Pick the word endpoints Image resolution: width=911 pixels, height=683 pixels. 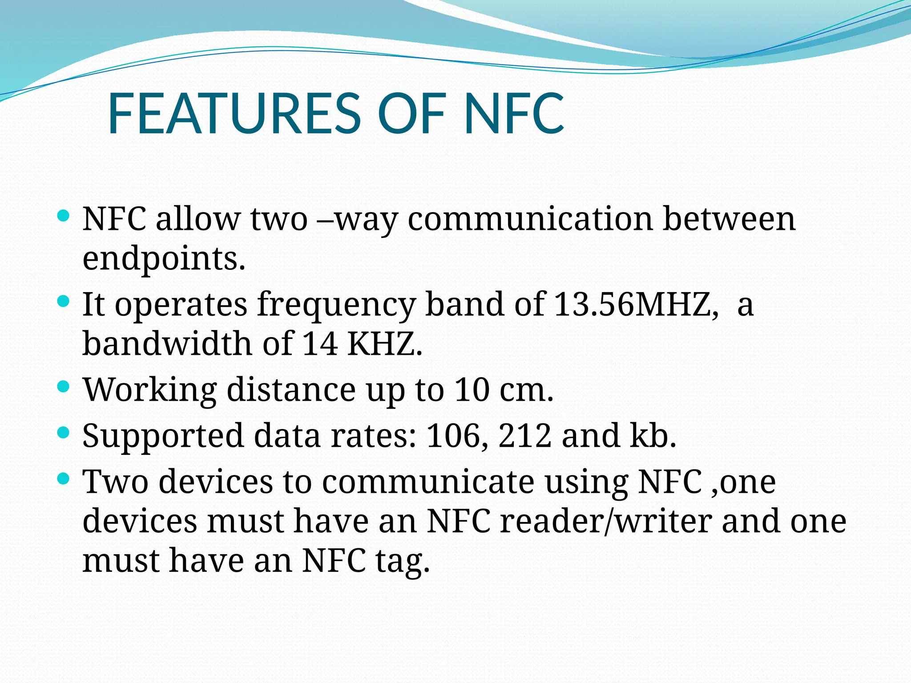pyautogui.click(x=164, y=259)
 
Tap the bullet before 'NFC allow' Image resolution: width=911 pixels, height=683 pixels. pyautogui.click(x=64, y=216)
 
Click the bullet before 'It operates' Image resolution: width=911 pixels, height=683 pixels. pyautogui.click(x=64, y=301)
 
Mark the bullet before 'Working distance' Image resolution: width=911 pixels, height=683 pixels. pyautogui.click(x=64, y=386)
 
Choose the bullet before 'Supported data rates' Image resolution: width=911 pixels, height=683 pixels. pyautogui.click(x=64, y=432)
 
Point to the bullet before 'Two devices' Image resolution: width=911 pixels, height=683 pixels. pyautogui.click(x=64, y=478)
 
